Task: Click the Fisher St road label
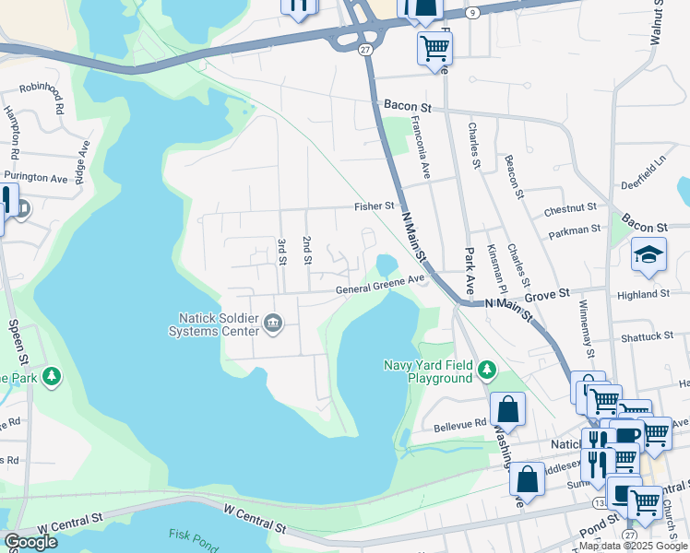[x=375, y=207]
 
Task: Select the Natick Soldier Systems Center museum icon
[x=272, y=323]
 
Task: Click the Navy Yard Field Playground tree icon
[x=487, y=371]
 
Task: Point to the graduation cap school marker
[x=648, y=255]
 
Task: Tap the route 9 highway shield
[x=472, y=12]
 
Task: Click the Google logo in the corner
[x=30, y=542]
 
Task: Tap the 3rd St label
[x=282, y=251]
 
